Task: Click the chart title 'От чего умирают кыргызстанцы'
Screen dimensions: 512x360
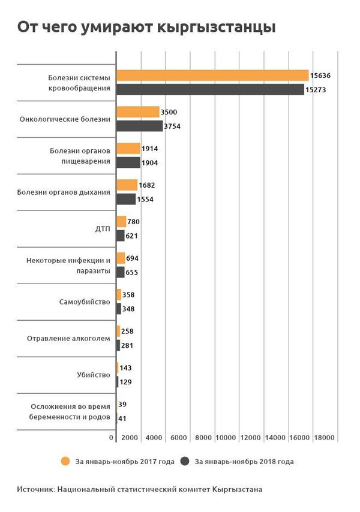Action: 146,28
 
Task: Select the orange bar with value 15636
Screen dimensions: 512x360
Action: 212,76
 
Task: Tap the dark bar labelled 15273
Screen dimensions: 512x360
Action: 210,89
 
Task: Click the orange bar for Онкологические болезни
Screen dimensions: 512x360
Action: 137,112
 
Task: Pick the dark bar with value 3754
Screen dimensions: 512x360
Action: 139,126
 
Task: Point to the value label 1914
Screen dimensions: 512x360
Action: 150,149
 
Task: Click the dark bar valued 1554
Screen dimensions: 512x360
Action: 126,199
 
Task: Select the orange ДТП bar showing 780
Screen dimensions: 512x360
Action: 121,222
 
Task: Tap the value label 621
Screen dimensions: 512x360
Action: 133,236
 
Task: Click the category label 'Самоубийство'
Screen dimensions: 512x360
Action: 85,302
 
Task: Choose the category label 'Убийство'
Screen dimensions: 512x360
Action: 94,375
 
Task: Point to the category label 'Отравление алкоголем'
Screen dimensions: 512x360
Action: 68,338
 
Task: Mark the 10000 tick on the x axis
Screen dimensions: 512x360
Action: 225,439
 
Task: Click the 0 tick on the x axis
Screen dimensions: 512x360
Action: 112,439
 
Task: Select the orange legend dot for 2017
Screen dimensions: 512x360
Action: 65,462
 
